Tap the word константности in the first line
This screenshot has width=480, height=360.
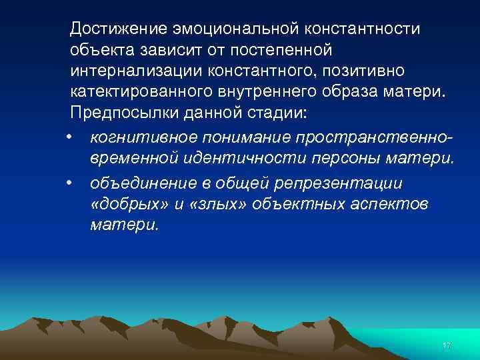(x=363, y=29)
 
